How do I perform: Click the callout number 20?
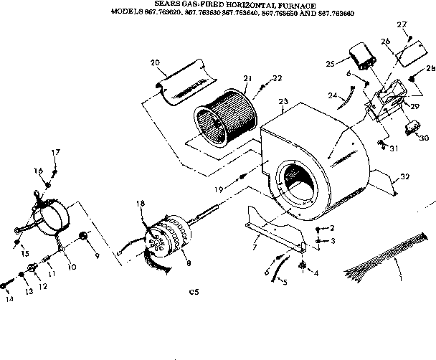pyautogui.click(x=154, y=62)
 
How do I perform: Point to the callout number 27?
pyautogui.click(x=402, y=25)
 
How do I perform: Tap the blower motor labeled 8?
pyautogui.click(x=169, y=237)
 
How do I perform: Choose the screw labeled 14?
pyautogui.click(x=6, y=285)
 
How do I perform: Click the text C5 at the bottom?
pyautogui.click(x=192, y=291)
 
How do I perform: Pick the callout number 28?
pyautogui.click(x=430, y=69)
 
